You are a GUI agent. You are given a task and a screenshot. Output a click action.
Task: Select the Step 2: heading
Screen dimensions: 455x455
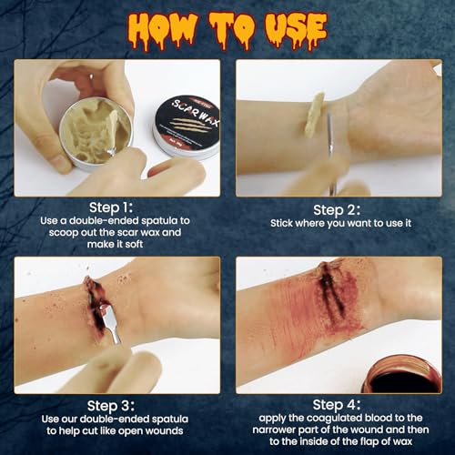coord(339,207)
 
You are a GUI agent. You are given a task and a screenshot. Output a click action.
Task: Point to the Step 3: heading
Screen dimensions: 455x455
coord(116,405)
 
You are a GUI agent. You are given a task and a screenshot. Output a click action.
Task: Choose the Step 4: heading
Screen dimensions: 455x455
coord(339,405)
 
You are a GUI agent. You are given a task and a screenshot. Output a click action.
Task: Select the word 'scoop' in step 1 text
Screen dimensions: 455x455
coord(64,236)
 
